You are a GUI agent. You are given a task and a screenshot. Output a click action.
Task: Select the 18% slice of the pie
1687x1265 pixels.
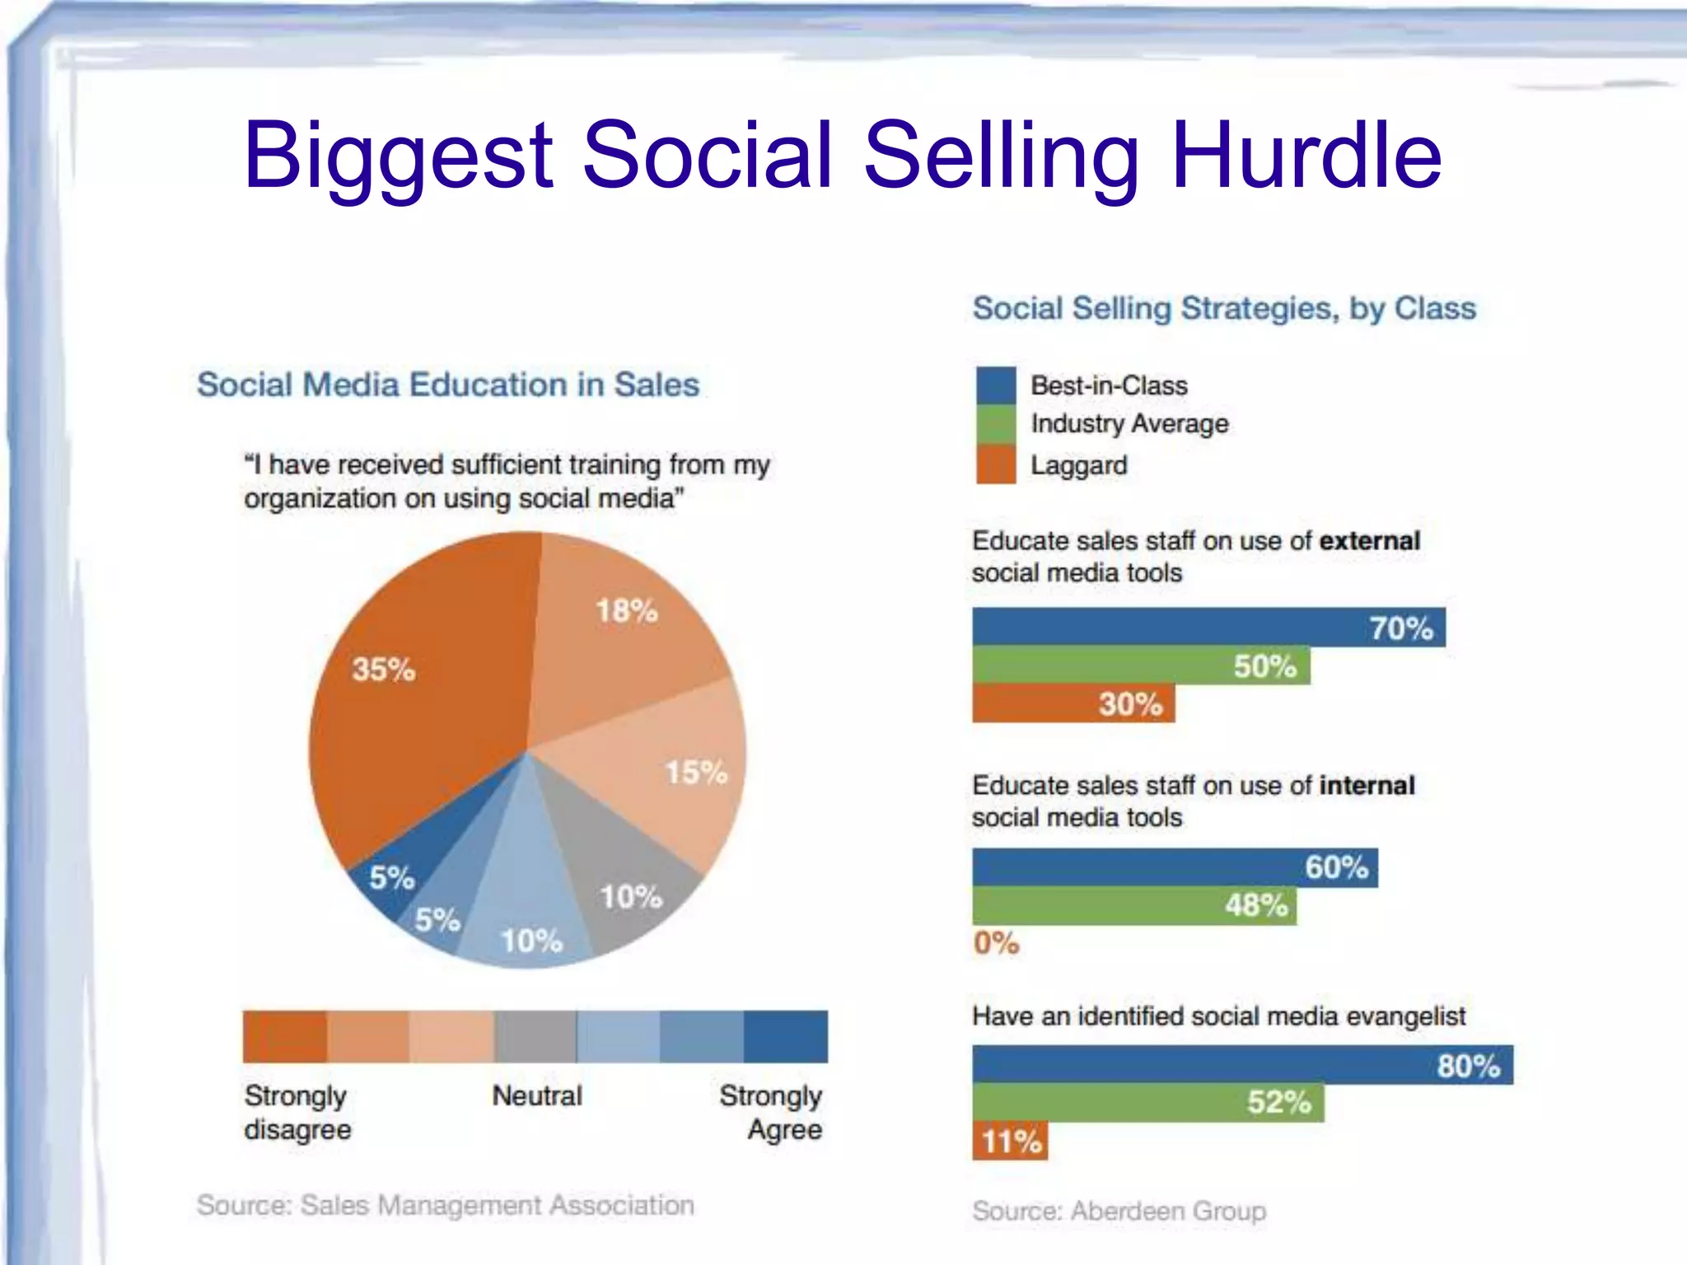tap(626, 634)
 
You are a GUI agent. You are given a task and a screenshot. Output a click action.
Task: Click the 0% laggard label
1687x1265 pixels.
tap(996, 942)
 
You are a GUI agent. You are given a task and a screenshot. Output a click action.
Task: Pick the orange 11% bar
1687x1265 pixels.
tap(1010, 1141)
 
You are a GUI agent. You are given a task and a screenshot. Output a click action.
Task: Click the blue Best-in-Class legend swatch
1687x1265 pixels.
tap(996, 385)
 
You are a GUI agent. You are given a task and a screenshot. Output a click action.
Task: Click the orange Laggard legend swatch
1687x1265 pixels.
tap(996, 464)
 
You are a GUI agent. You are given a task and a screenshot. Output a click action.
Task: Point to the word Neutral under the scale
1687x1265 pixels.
tap(537, 1095)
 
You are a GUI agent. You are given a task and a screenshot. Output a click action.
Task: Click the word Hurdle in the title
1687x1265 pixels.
tap(1306, 155)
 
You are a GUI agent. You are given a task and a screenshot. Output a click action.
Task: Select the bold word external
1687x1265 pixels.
tap(1370, 540)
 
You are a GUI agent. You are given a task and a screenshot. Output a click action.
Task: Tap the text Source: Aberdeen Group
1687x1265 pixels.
tap(1119, 1211)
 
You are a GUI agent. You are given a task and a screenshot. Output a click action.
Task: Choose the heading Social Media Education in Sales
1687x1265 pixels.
tap(448, 385)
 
